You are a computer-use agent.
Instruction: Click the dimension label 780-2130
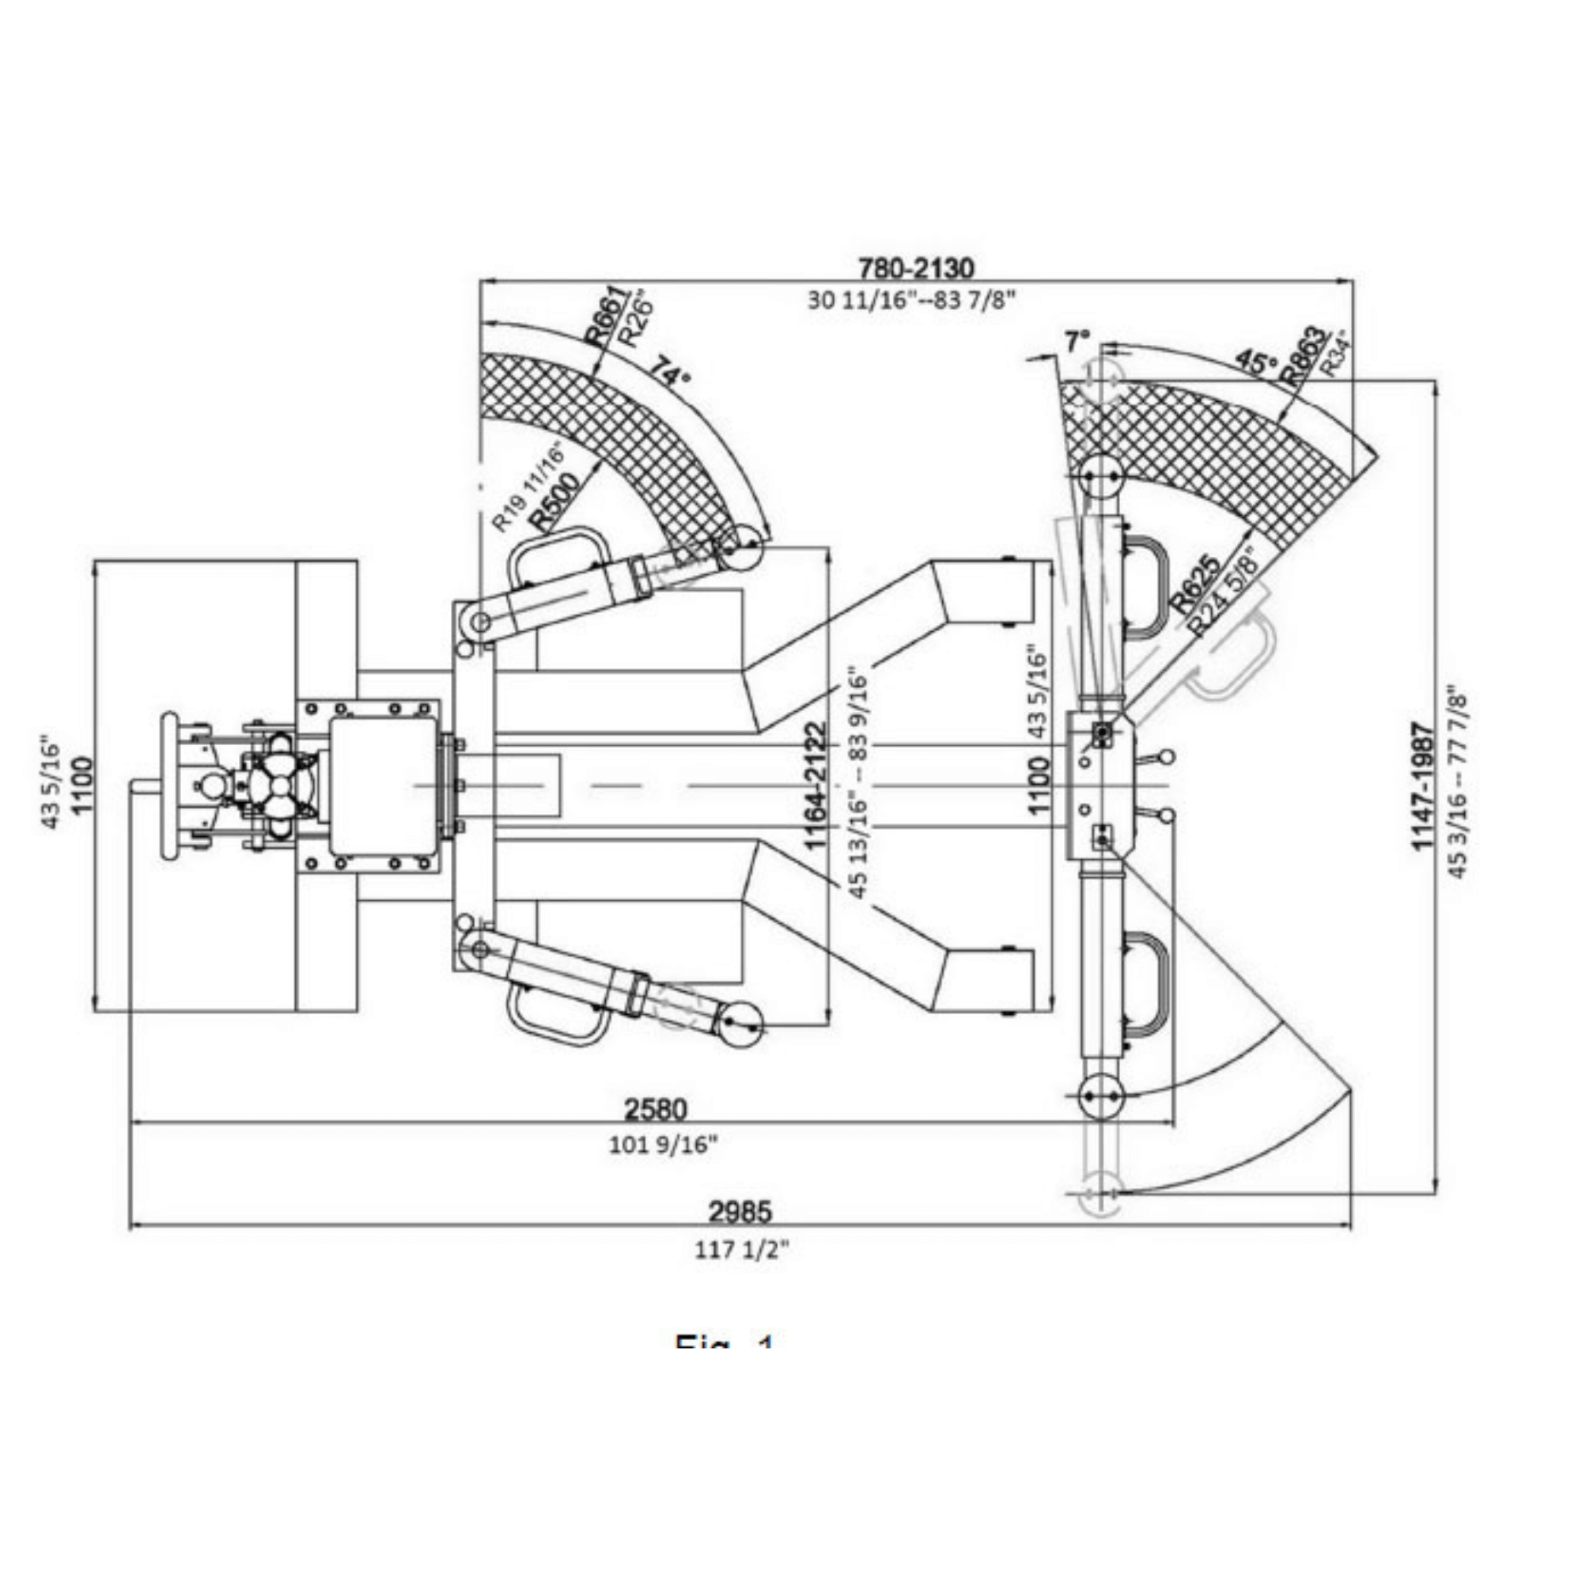915,267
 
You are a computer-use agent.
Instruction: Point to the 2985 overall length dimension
740,1210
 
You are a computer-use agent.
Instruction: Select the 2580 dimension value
656,1109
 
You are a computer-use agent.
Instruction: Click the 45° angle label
1255,361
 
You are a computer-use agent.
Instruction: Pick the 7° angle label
1077,341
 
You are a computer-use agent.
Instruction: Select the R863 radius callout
1303,355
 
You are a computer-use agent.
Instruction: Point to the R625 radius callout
1195,584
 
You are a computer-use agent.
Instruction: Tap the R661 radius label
606,315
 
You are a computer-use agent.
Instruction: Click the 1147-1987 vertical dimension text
1423,786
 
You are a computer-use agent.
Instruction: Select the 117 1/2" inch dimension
742,1250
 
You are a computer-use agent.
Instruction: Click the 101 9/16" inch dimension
664,1144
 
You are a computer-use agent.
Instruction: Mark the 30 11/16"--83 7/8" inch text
911,300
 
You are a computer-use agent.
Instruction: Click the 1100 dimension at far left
83,786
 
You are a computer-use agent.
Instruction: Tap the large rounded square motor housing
382,786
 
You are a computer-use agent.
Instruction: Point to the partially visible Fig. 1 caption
724,1342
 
